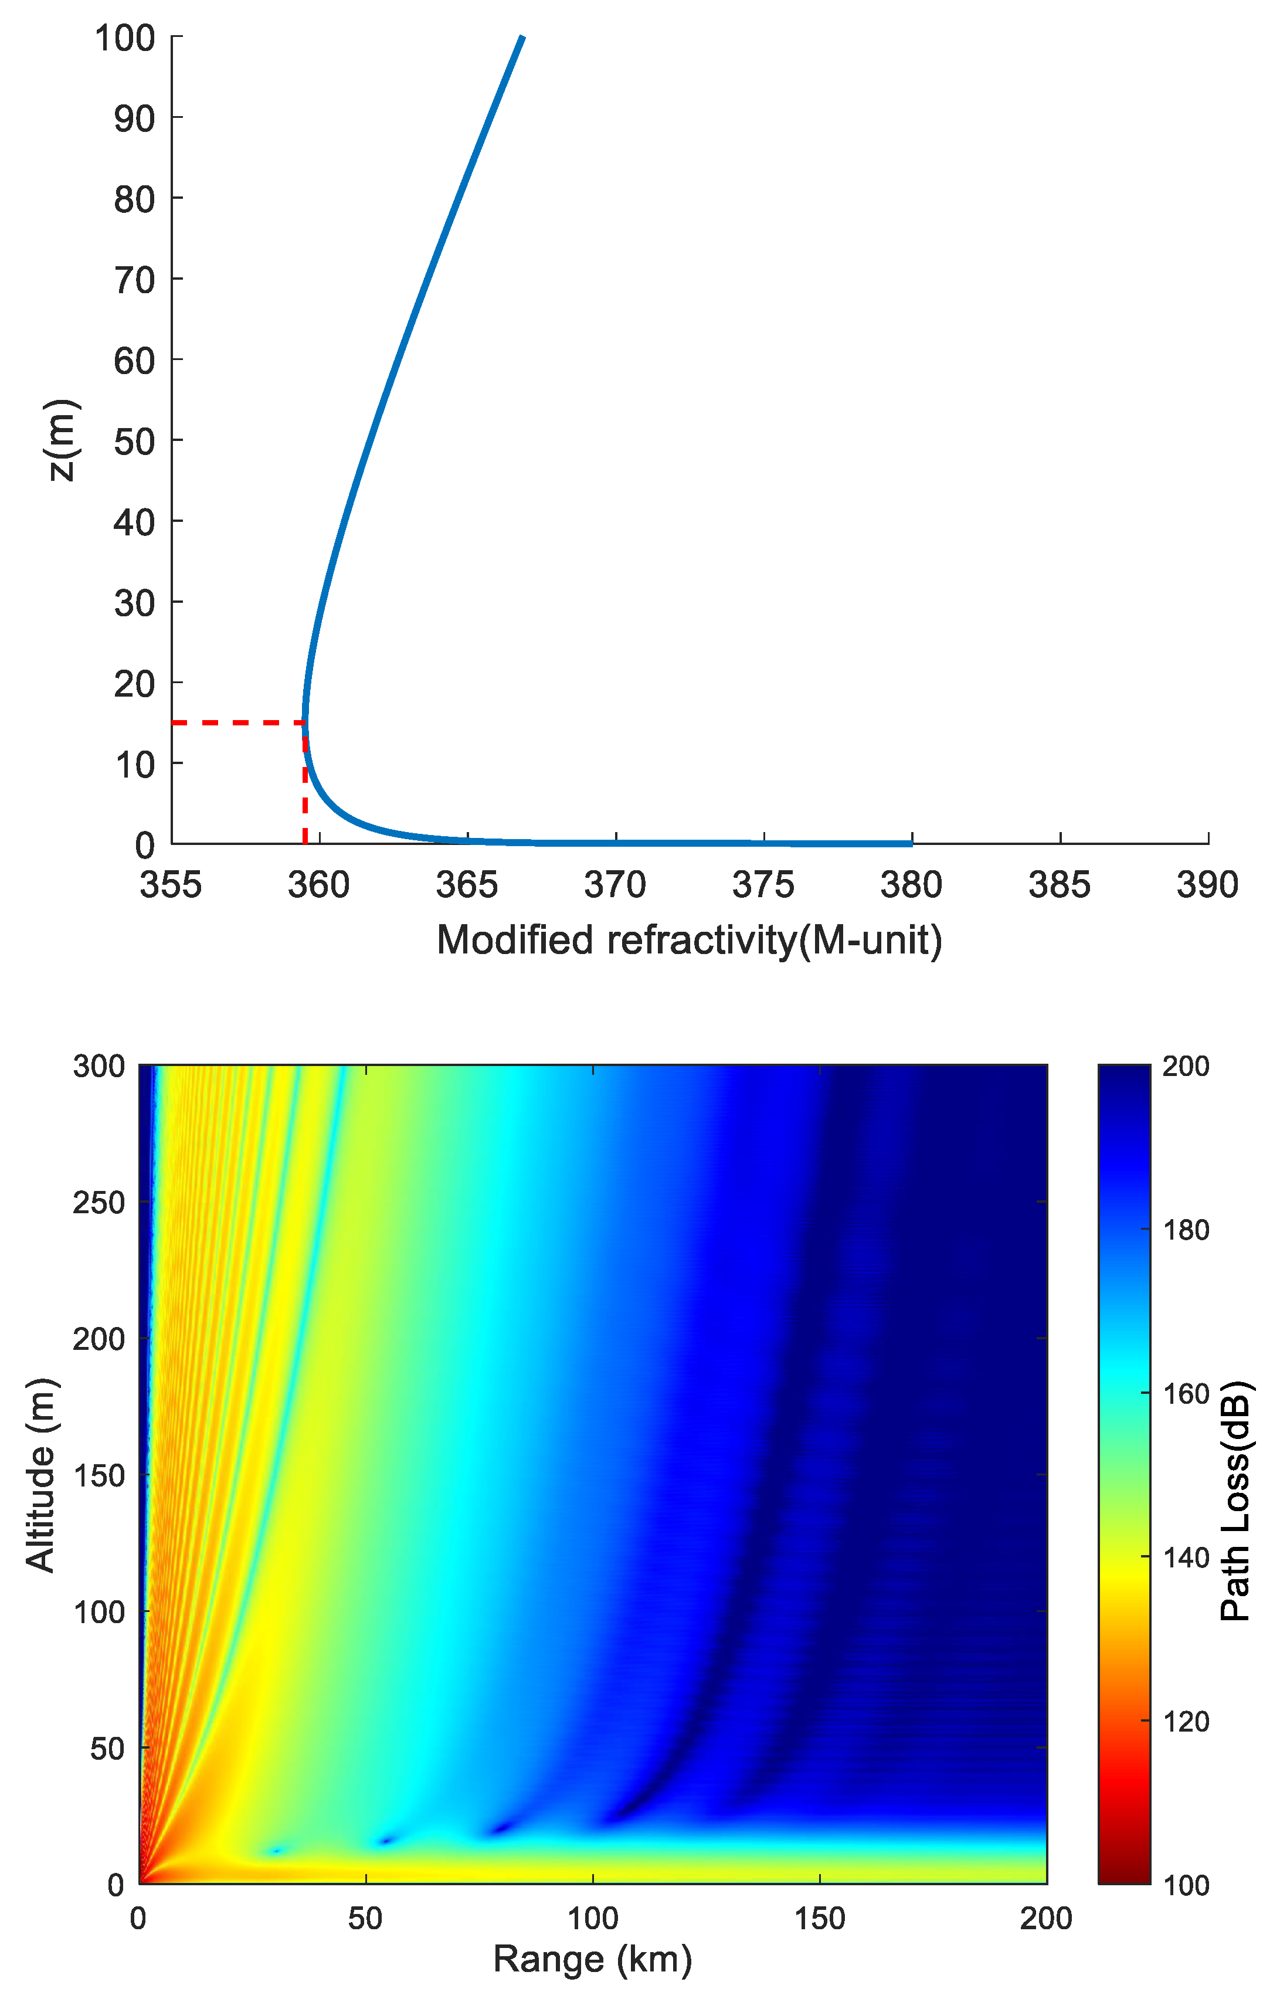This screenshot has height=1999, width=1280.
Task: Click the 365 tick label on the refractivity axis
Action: [x=467, y=886]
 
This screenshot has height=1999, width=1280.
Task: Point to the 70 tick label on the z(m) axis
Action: [x=135, y=280]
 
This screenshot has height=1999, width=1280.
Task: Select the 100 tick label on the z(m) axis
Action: [x=125, y=38]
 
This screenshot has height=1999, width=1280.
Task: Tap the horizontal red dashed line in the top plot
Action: [x=237, y=722]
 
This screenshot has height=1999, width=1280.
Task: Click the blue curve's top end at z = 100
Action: [x=522, y=38]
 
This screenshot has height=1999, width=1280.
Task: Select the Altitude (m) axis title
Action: [x=40, y=1475]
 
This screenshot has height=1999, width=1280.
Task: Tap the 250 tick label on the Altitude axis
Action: [x=99, y=1203]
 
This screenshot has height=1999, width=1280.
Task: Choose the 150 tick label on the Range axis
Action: [x=820, y=1919]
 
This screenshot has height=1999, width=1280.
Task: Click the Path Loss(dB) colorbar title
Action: [x=1237, y=1501]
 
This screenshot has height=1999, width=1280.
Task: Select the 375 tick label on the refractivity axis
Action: [x=763, y=886]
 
